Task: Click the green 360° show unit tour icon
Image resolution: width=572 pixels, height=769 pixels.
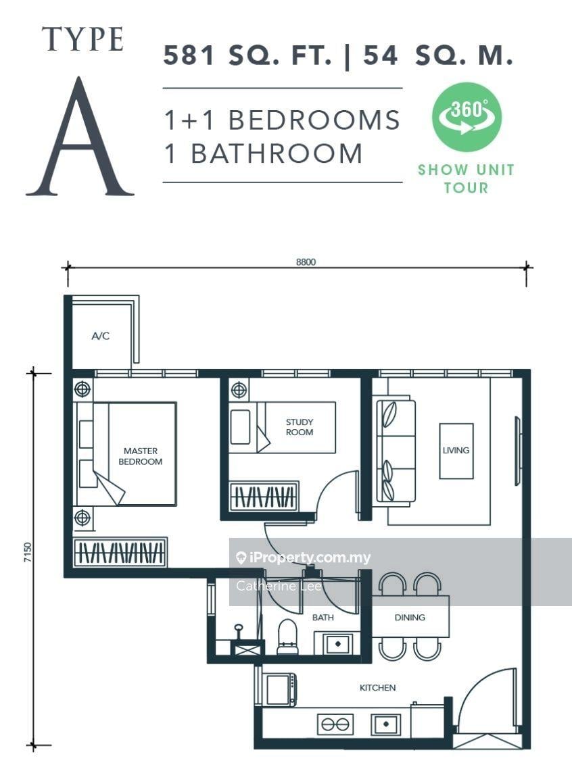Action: click(x=467, y=116)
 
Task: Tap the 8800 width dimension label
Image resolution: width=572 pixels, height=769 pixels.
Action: click(x=306, y=262)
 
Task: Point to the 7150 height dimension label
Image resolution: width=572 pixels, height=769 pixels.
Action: click(x=28, y=552)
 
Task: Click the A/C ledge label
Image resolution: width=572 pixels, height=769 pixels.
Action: click(x=101, y=336)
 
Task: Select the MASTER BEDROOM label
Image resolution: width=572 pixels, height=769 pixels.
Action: click(x=141, y=456)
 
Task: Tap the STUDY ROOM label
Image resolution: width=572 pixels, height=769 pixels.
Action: click(x=300, y=426)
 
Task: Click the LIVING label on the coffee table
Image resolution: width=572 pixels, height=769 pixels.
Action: click(x=456, y=450)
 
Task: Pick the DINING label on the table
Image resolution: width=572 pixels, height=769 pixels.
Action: click(x=410, y=618)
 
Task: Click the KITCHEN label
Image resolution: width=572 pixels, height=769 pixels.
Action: click(x=378, y=688)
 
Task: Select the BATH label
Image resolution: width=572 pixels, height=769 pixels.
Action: click(x=323, y=618)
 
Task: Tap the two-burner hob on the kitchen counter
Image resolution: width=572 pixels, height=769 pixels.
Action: click(x=335, y=724)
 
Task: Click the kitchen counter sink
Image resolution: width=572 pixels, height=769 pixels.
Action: click(x=385, y=724)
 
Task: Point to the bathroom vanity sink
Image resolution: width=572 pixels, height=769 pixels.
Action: click(x=337, y=643)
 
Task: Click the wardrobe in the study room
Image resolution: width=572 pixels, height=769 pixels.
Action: click(x=264, y=497)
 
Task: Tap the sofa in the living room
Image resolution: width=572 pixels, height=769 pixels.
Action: click(x=396, y=451)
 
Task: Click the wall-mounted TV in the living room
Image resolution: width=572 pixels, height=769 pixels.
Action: click(x=517, y=451)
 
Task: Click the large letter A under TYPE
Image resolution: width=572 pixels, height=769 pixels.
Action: click(x=80, y=137)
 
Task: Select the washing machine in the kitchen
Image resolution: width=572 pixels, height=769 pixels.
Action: click(x=281, y=689)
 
